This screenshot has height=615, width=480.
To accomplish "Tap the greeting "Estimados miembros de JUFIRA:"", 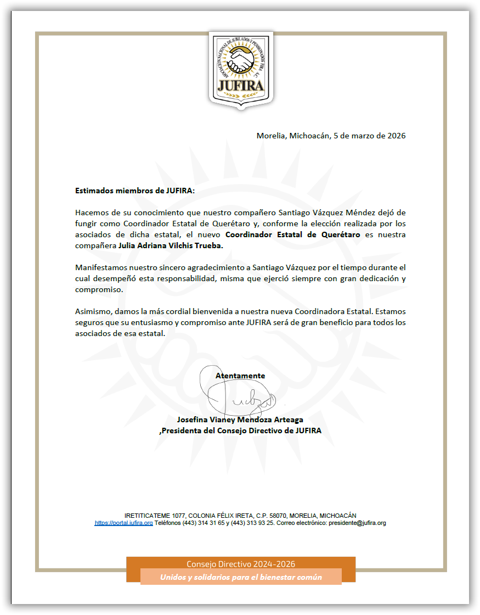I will (x=135, y=191).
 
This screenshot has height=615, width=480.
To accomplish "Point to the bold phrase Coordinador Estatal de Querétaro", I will (x=293, y=234).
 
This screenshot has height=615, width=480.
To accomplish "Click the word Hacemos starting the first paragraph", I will (x=92, y=212).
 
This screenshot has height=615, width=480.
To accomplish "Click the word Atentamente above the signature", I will (x=240, y=376).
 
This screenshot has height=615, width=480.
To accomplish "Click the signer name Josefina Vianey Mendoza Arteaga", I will (x=240, y=420).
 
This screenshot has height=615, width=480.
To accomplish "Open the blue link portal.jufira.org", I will (x=123, y=523).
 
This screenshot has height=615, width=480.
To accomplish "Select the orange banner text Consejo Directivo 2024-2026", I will (x=241, y=564).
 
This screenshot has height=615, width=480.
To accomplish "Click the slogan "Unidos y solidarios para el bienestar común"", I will (x=241, y=577).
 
